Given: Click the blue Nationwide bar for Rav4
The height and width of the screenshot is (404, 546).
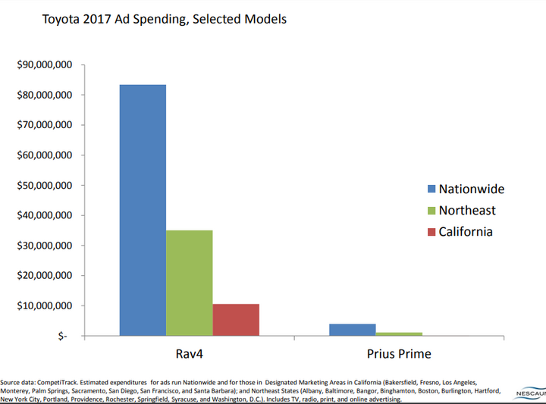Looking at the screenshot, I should pyautogui.click(x=143, y=210).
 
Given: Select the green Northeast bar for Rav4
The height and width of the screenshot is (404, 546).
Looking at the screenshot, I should pyautogui.click(x=189, y=283).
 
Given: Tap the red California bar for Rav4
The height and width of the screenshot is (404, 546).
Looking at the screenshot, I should pyautogui.click(x=236, y=320).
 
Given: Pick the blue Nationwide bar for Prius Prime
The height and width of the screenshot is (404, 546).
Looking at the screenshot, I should pyautogui.click(x=353, y=330).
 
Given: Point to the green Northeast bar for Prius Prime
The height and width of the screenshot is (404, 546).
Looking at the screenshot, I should pyautogui.click(x=399, y=334).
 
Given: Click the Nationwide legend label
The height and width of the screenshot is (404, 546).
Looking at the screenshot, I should pyautogui.click(x=471, y=189).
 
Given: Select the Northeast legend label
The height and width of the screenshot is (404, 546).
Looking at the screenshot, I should pyautogui.click(x=468, y=210).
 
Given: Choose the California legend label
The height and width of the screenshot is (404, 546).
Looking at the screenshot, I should pyautogui.click(x=466, y=231).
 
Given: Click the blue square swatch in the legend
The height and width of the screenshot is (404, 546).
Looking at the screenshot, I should pyautogui.click(x=431, y=189).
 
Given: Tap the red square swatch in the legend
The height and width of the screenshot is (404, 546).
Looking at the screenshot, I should pyautogui.click(x=431, y=232).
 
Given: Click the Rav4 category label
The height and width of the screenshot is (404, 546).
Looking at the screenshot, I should pyautogui.click(x=190, y=355).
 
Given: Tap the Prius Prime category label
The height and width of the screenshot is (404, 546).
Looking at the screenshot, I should pyautogui.click(x=400, y=355).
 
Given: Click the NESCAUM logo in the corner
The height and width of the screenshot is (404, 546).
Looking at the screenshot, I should pyautogui.click(x=530, y=394).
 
